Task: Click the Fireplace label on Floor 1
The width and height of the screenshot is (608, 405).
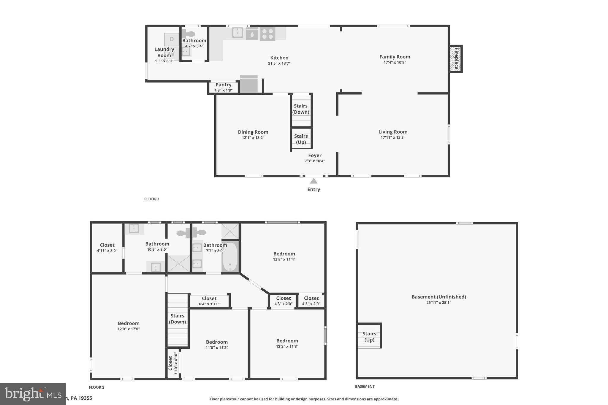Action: (x=456, y=59)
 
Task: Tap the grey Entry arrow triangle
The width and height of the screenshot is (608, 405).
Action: (x=313, y=181)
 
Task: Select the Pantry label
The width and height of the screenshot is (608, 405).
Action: (x=223, y=85)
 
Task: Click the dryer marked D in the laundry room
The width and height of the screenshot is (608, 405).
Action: (x=172, y=39)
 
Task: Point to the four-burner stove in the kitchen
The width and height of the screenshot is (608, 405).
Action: (x=267, y=34)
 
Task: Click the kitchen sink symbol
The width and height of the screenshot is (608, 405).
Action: (x=237, y=33)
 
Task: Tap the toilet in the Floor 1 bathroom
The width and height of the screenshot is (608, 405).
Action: (x=188, y=34)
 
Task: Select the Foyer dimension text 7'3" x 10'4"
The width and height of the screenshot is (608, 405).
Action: (x=315, y=161)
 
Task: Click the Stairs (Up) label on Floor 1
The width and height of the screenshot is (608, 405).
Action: (x=301, y=139)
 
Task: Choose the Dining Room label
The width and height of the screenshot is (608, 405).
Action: (x=253, y=132)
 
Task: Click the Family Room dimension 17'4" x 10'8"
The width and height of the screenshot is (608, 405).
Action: (x=395, y=63)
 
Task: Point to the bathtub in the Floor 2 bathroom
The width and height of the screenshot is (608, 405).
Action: (x=230, y=257)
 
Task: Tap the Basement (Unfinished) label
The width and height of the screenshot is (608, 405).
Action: (x=438, y=297)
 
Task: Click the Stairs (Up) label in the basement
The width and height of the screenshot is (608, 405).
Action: (x=369, y=337)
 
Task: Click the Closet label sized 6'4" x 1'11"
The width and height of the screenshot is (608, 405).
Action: (x=209, y=298)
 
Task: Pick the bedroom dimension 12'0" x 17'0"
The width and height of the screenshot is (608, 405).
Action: (x=129, y=329)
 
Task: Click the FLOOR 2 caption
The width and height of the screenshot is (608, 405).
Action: (x=96, y=387)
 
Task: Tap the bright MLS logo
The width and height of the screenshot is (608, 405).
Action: (x=33, y=394)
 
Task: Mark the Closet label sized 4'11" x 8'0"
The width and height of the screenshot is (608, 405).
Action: (x=107, y=245)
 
